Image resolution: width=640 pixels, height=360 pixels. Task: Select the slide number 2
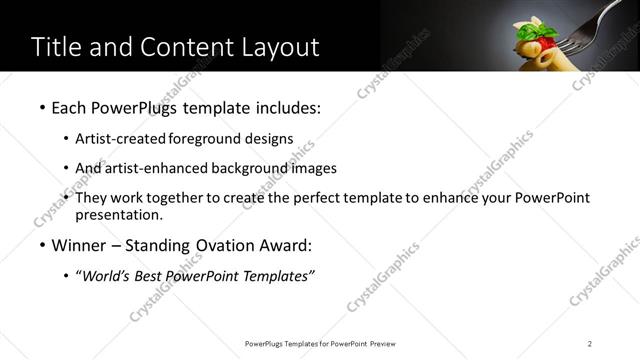tap(590, 344)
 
